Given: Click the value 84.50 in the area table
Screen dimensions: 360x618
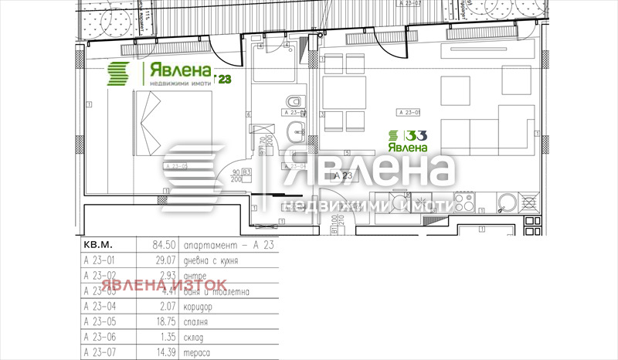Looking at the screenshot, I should point(158,245).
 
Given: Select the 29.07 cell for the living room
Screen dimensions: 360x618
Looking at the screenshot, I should point(158,260).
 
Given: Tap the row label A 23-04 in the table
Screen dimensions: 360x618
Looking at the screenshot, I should point(98,307).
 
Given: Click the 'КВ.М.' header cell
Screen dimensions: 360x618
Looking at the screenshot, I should point(97,245).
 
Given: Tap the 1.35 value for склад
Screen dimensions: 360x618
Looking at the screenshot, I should point(159,337).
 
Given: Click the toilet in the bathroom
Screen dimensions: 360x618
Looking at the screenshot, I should point(293,104).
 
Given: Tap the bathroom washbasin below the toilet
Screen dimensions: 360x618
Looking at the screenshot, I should point(294,131).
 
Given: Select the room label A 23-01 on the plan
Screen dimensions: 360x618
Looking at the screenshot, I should point(406,112).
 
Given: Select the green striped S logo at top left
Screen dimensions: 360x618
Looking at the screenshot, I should point(119,74).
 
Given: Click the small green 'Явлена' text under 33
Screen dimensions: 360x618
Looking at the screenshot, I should point(407,148).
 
